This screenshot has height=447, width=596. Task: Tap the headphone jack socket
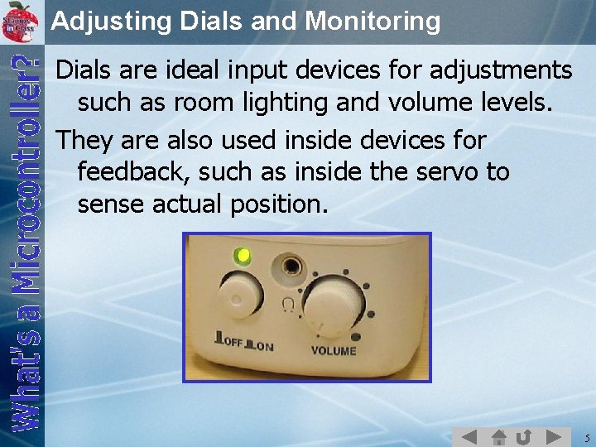pyautogui.click(x=291, y=267)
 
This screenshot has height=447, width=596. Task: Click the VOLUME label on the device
pyautogui.click(x=334, y=351)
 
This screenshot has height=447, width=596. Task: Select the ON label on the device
pyautogui.click(x=264, y=346)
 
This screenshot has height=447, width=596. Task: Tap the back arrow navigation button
pyautogui.click(x=469, y=436)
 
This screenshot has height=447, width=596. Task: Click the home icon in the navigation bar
pyautogui.click(x=499, y=436)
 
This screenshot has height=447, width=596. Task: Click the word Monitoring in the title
pyautogui.click(x=372, y=21)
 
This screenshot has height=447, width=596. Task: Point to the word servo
pyautogui.click(x=454, y=172)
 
